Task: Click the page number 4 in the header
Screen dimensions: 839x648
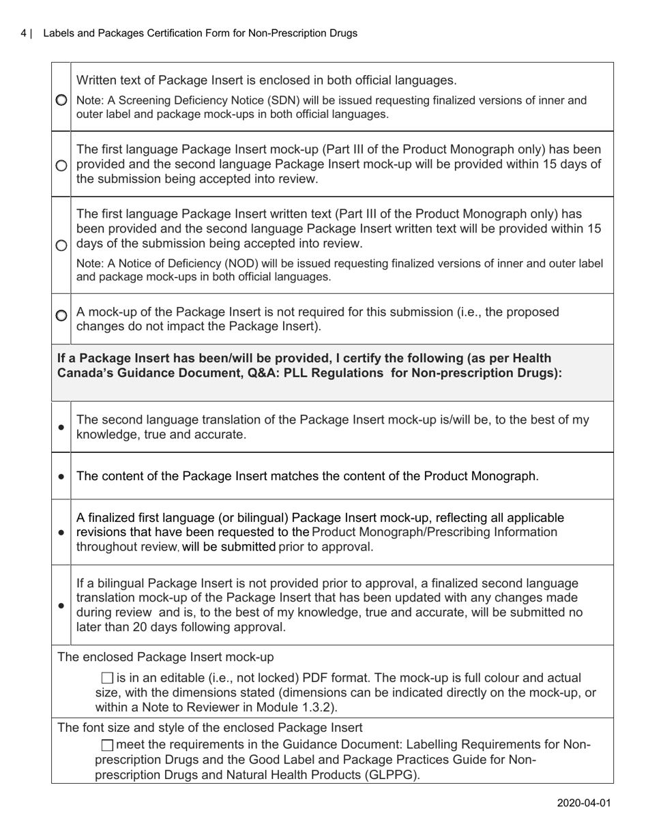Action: click(x=24, y=33)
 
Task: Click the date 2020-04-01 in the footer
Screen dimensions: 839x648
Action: click(x=583, y=803)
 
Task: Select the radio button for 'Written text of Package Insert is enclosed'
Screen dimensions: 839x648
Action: click(x=61, y=100)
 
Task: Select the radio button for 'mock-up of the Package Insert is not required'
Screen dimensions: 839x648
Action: click(x=61, y=315)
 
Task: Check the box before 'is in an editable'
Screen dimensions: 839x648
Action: click(x=107, y=678)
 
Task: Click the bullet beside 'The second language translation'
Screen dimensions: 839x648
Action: click(x=61, y=427)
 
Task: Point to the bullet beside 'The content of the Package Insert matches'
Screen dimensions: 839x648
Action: click(x=61, y=477)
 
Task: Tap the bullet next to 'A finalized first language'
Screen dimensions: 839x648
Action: click(x=61, y=532)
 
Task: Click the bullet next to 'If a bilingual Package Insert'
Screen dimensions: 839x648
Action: click(x=61, y=605)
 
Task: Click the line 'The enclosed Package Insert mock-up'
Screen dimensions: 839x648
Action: click(x=166, y=657)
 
